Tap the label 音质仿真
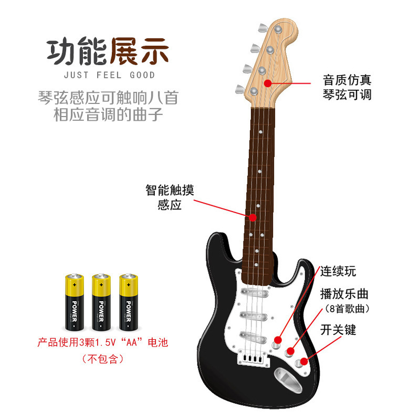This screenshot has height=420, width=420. [x=347, y=80]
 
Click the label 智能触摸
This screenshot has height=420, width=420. [x=170, y=190]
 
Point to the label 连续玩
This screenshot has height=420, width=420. [x=338, y=271]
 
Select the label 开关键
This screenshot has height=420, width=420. [x=338, y=330]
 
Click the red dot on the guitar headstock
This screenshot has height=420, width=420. [x=268, y=83]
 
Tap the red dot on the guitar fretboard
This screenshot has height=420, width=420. [x=253, y=216]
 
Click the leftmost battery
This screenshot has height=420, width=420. [x=74, y=301]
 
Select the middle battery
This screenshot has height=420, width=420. [x=101, y=301]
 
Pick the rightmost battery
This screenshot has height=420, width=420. [x=129, y=301]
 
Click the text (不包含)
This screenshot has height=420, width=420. [x=102, y=360]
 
